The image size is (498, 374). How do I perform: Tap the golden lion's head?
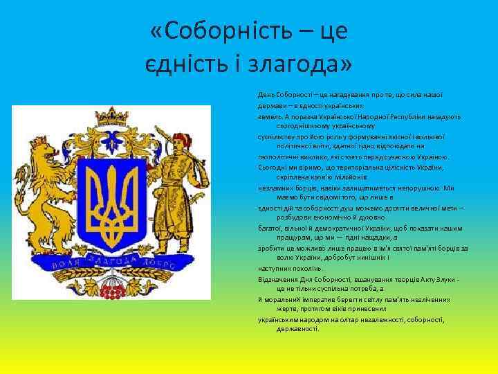[x=50, y=156]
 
